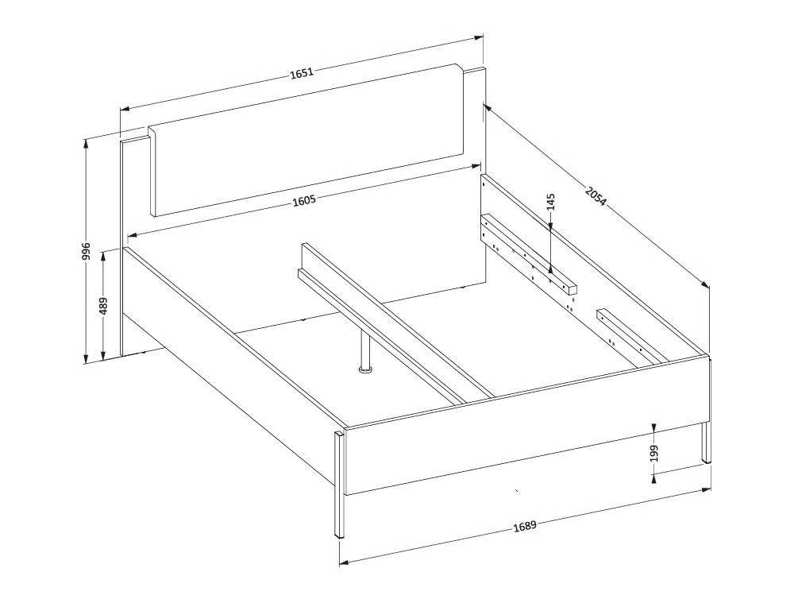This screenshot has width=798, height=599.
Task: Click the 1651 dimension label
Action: click(302, 73)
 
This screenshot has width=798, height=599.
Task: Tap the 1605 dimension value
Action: click(304, 200)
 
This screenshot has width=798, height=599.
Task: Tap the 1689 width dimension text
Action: click(525, 526)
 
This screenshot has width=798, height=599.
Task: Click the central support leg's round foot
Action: click(365, 369)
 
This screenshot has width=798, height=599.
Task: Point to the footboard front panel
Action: click(524, 429)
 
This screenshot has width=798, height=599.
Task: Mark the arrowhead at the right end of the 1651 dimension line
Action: click(480, 37)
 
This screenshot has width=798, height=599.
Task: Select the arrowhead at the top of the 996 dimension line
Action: click(86, 143)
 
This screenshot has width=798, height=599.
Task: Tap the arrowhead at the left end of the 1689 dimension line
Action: click(343, 563)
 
